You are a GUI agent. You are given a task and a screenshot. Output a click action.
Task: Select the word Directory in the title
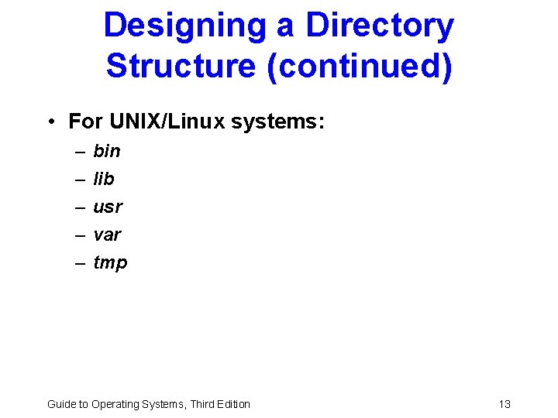(380, 26)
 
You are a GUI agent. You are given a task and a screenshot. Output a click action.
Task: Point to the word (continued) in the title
(358, 66)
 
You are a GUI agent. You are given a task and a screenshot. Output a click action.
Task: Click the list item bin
(107, 151)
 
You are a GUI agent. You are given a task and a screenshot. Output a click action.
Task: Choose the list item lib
(104, 179)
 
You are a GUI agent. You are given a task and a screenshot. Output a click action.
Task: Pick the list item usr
(108, 207)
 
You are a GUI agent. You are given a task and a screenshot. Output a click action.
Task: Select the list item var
(107, 235)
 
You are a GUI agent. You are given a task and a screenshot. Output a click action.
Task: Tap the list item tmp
(110, 263)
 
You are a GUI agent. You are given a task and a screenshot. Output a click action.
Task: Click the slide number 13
(505, 403)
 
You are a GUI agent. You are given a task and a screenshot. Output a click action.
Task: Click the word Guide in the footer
(60, 403)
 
